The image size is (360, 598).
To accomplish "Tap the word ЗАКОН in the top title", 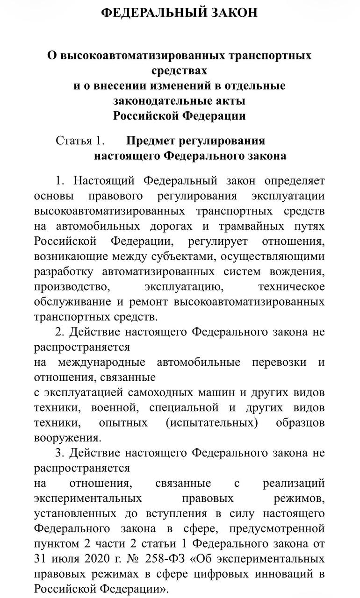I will tap(234, 13).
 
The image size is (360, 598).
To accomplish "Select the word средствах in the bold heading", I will tap(180, 71).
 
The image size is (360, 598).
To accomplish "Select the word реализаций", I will tap(294, 483).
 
